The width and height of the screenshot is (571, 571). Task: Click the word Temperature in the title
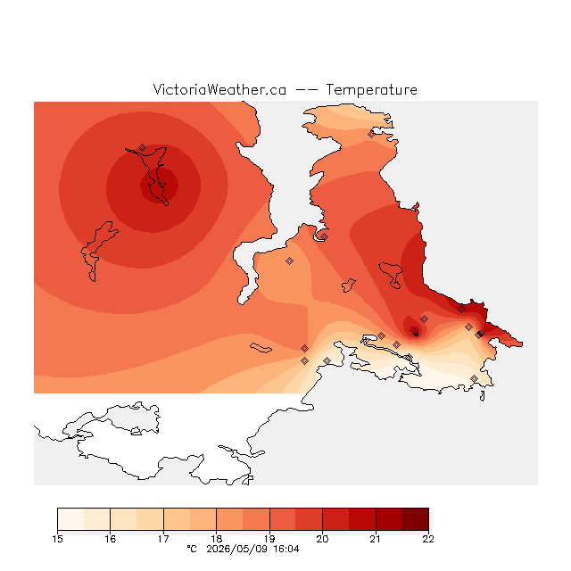(371, 89)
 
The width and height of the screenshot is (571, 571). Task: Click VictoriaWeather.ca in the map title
(219, 89)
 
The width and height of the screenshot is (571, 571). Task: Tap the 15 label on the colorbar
(57, 539)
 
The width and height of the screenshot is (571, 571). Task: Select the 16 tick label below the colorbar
(111, 539)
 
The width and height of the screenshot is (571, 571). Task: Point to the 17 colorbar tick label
(163, 539)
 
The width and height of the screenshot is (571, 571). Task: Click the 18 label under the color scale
(216, 539)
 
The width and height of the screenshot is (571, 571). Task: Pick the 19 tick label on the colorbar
(269, 539)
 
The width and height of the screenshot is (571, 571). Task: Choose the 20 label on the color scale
(322, 539)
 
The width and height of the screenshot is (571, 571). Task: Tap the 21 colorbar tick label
(376, 539)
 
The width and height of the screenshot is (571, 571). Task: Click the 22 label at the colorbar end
(428, 539)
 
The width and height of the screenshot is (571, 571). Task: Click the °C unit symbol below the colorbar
(192, 549)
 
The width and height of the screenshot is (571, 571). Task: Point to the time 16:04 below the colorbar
(286, 549)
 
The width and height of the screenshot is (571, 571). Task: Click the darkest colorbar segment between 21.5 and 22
(415, 519)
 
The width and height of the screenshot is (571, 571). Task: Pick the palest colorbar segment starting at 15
(70, 519)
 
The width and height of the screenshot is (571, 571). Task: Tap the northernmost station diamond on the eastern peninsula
(371, 135)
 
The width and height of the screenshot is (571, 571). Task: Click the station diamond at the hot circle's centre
(162, 185)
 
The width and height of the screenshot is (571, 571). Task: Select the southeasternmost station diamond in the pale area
(474, 378)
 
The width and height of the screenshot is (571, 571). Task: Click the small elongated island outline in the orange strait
(261, 348)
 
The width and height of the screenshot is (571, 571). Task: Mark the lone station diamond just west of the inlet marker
(289, 261)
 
